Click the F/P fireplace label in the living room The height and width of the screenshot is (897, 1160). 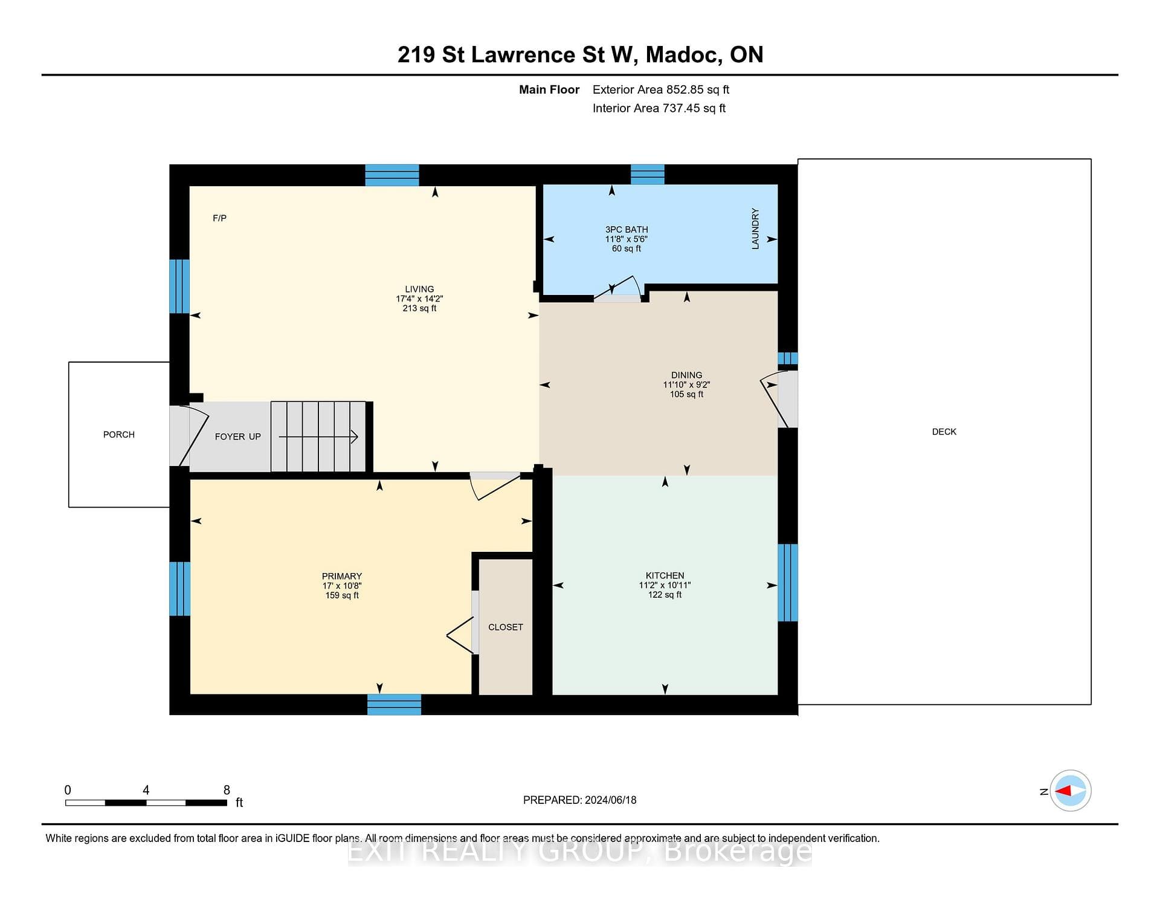pyautogui.click(x=219, y=218)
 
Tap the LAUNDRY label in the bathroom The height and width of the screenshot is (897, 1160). pyautogui.click(x=755, y=228)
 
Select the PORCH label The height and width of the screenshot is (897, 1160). pyautogui.click(x=119, y=435)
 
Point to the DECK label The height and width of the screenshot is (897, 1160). pyautogui.click(x=944, y=432)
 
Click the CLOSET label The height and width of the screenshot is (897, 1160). pyautogui.click(x=506, y=627)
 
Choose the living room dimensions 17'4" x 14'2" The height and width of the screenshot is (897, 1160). pyautogui.click(x=419, y=299)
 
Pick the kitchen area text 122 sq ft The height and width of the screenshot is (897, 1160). pyautogui.click(x=665, y=595)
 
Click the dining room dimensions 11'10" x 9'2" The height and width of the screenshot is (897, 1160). pyautogui.click(x=686, y=384)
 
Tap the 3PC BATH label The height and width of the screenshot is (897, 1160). pyautogui.click(x=627, y=230)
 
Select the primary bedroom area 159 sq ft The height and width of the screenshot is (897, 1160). pyautogui.click(x=342, y=595)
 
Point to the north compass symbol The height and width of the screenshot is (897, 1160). pyautogui.click(x=1070, y=791)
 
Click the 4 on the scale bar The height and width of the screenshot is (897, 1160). pyautogui.click(x=146, y=790)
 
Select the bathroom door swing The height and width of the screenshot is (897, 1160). pyautogui.click(x=617, y=289)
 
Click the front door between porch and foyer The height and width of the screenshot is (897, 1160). pyautogui.click(x=188, y=435)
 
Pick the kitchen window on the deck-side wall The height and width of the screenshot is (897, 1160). pyautogui.click(x=787, y=583)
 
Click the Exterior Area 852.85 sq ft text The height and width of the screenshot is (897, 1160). pyautogui.click(x=661, y=89)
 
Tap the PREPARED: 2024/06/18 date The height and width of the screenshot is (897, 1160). pyautogui.click(x=580, y=800)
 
